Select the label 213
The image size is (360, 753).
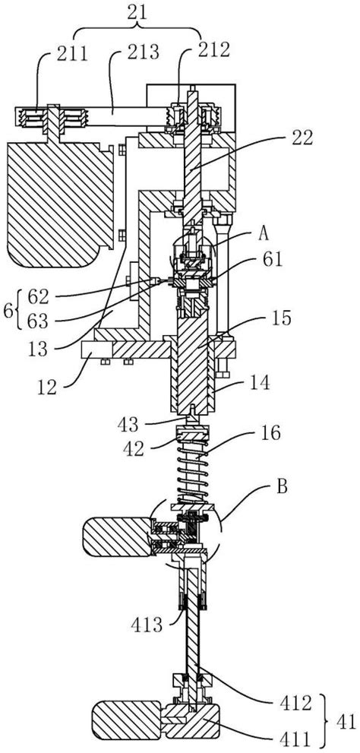[144, 53]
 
